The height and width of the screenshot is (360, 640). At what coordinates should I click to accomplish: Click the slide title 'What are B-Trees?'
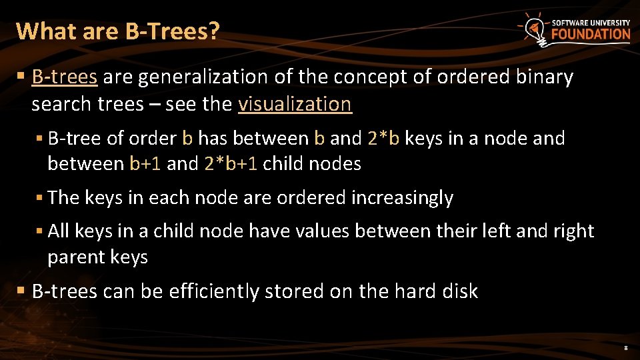click(x=117, y=31)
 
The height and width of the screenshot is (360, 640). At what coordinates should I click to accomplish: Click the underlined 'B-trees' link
click(x=65, y=77)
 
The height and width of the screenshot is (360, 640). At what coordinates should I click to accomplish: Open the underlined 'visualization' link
click(x=294, y=104)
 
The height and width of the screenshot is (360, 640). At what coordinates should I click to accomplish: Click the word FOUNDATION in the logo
click(x=591, y=34)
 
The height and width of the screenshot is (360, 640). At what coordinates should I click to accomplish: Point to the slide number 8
click(x=625, y=348)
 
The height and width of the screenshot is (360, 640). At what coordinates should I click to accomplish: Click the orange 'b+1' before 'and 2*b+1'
click(x=145, y=164)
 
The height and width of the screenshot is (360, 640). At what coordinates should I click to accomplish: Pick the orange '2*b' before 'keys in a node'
click(x=383, y=139)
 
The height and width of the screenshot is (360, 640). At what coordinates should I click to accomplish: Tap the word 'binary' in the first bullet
click(x=545, y=77)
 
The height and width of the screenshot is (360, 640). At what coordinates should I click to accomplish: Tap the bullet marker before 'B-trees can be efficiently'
click(x=23, y=291)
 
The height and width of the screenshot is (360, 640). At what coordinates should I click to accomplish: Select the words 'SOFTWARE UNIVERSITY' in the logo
click(x=591, y=22)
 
